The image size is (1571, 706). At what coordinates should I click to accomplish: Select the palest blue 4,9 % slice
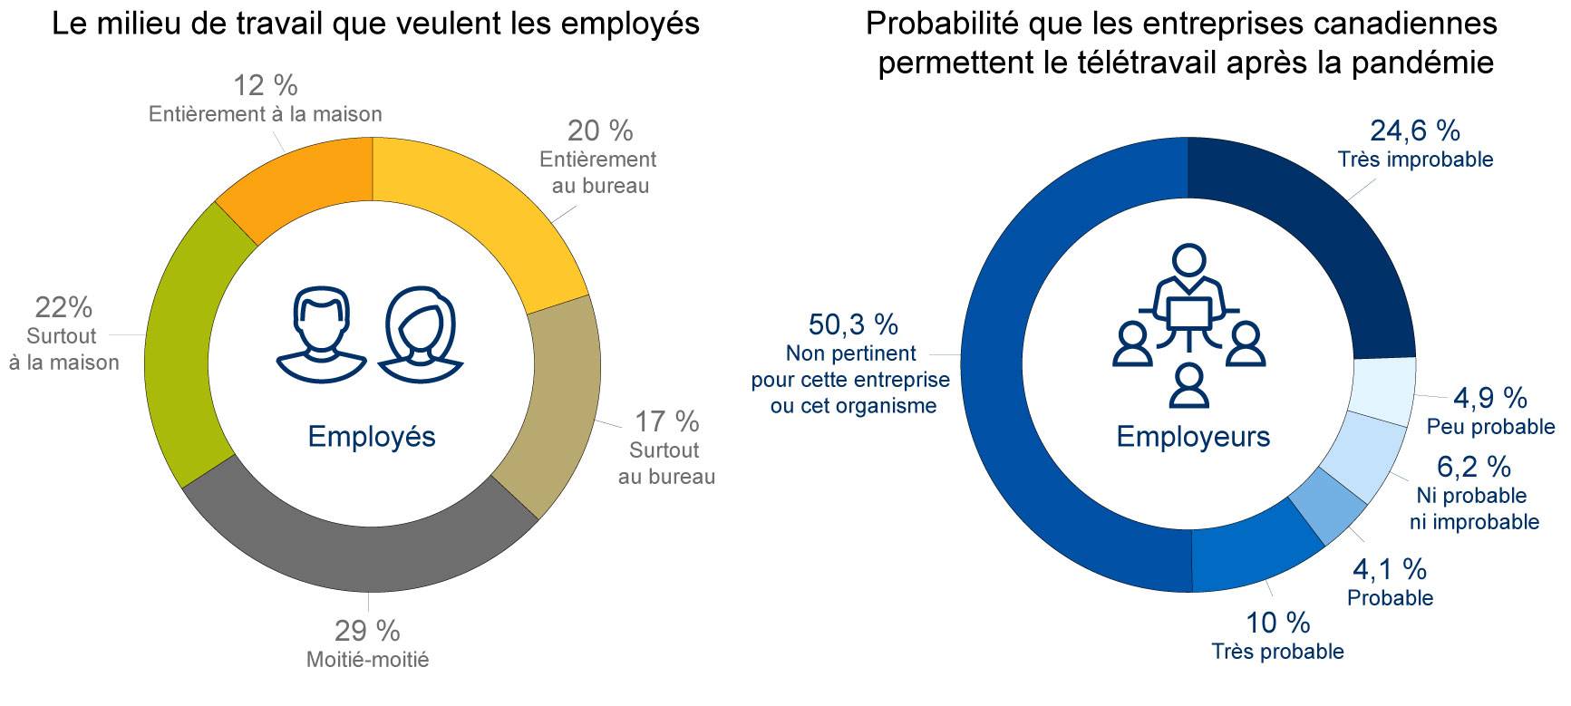click(x=1382, y=390)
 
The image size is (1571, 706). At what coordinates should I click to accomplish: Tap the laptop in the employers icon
click(x=1188, y=313)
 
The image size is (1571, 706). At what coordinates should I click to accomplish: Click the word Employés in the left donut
click(x=372, y=437)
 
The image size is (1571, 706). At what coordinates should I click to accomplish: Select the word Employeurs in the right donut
click(x=1193, y=437)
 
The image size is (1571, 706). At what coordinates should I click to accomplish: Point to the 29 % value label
click(x=367, y=631)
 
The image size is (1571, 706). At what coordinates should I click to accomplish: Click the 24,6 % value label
click(x=1414, y=131)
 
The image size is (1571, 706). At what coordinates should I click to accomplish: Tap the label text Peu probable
click(x=1490, y=427)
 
